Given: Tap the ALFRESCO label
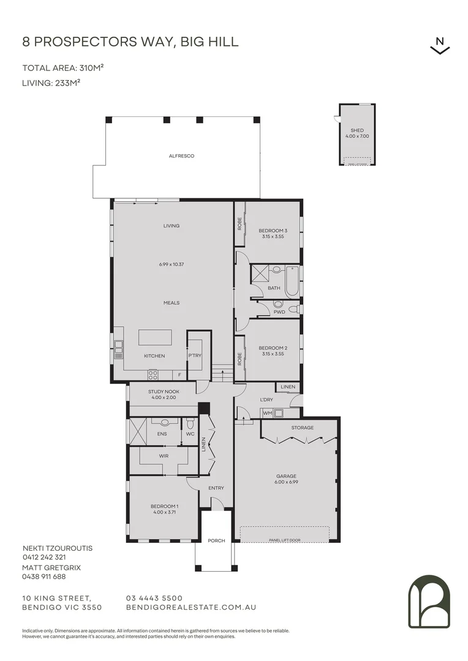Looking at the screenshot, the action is (181, 156).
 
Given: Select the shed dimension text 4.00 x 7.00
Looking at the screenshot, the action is (357, 136).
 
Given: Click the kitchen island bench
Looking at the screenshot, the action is (156, 338).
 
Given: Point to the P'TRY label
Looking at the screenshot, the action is (195, 356).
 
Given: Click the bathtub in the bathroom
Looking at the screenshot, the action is (292, 281).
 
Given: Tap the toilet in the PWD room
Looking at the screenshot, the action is (277, 304).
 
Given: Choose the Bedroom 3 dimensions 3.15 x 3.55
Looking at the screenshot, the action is (273, 236).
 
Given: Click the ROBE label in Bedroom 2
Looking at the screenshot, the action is (240, 359).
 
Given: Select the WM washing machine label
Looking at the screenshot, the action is (268, 413).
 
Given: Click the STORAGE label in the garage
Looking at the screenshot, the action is (302, 427).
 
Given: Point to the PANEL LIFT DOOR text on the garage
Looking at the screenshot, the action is (285, 540).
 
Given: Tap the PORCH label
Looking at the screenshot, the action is (216, 540).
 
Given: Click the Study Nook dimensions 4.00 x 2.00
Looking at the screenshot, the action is (164, 398).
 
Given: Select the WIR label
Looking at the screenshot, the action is (164, 456).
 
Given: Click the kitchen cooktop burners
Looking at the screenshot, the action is (153, 375).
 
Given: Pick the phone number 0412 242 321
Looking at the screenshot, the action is (44, 557).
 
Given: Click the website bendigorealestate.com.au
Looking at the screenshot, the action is (191, 608).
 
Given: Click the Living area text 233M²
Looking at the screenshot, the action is (67, 83).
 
